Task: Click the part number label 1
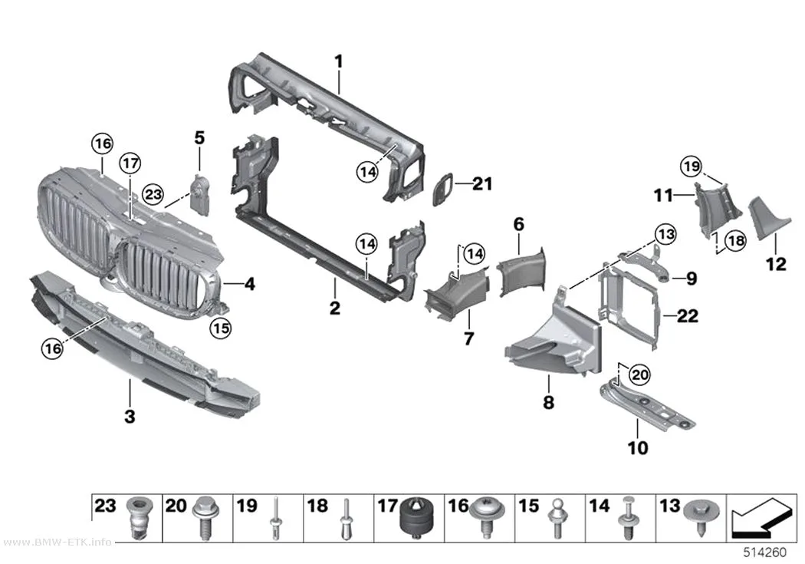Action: [338, 62]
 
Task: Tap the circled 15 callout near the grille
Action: [221, 328]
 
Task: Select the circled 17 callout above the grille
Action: [130, 163]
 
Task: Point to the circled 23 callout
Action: [153, 194]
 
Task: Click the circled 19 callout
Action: [691, 167]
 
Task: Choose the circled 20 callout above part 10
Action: [639, 375]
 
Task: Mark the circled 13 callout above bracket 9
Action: [666, 234]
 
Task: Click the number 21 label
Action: [481, 183]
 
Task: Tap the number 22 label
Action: [688, 315]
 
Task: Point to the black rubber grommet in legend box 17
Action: [416, 518]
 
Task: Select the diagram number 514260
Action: [765, 552]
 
